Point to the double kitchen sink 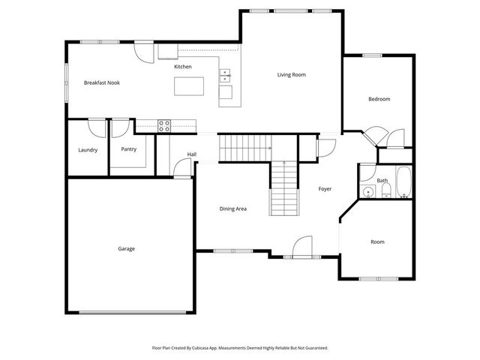tap(225, 75)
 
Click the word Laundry tap(88, 150)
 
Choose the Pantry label tap(129, 149)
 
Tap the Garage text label tap(126, 248)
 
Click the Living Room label tap(291, 74)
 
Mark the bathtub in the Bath tap(403, 183)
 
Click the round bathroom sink tap(367, 192)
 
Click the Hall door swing tap(179, 169)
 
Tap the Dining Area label tap(232, 208)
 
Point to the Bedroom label tap(379, 99)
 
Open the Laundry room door tap(97, 127)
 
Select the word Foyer tap(325, 189)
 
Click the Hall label tap(192, 154)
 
